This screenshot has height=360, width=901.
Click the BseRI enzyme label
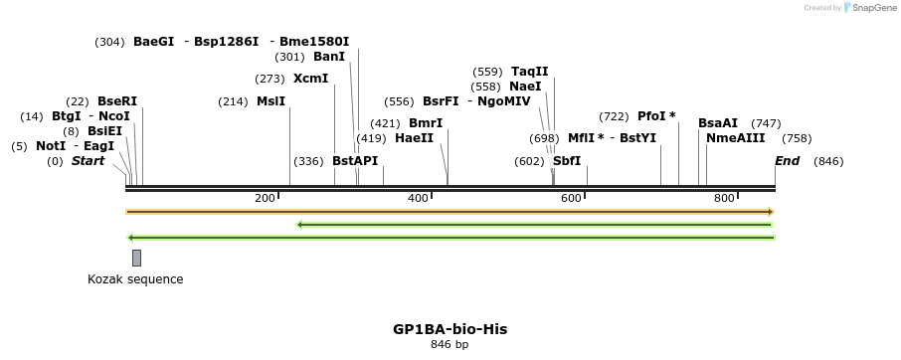pyautogui.click(x=117, y=101)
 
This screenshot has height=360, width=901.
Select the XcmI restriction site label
pyautogui.click(x=310, y=79)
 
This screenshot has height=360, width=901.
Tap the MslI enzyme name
pyautogui.click(x=270, y=101)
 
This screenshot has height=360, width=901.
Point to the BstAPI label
pyautogui.click(x=355, y=161)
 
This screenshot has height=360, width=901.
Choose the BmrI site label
pyautogui.click(x=426, y=123)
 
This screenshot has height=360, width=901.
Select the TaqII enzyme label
pyautogui.click(x=529, y=72)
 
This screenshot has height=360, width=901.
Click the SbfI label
pyautogui.click(x=567, y=161)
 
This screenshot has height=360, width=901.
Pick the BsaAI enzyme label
pyautogui.click(x=718, y=123)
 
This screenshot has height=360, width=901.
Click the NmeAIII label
pyautogui.click(x=735, y=138)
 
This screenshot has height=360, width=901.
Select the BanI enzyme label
pyautogui.click(x=329, y=57)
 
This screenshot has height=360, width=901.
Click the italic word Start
pyautogui.click(x=88, y=161)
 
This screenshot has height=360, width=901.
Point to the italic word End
pyautogui.click(x=787, y=161)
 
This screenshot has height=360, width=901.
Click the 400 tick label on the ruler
pyautogui.click(x=418, y=199)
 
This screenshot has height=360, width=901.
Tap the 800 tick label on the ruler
pyautogui.click(x=724, y=199)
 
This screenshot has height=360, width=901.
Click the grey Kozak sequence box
pyautogui.click(x=136, y=258)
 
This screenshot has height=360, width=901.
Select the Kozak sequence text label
pyautogui.click(x=135, y=279)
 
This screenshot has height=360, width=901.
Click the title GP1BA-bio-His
pyautogui.click(x=450, y=328)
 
